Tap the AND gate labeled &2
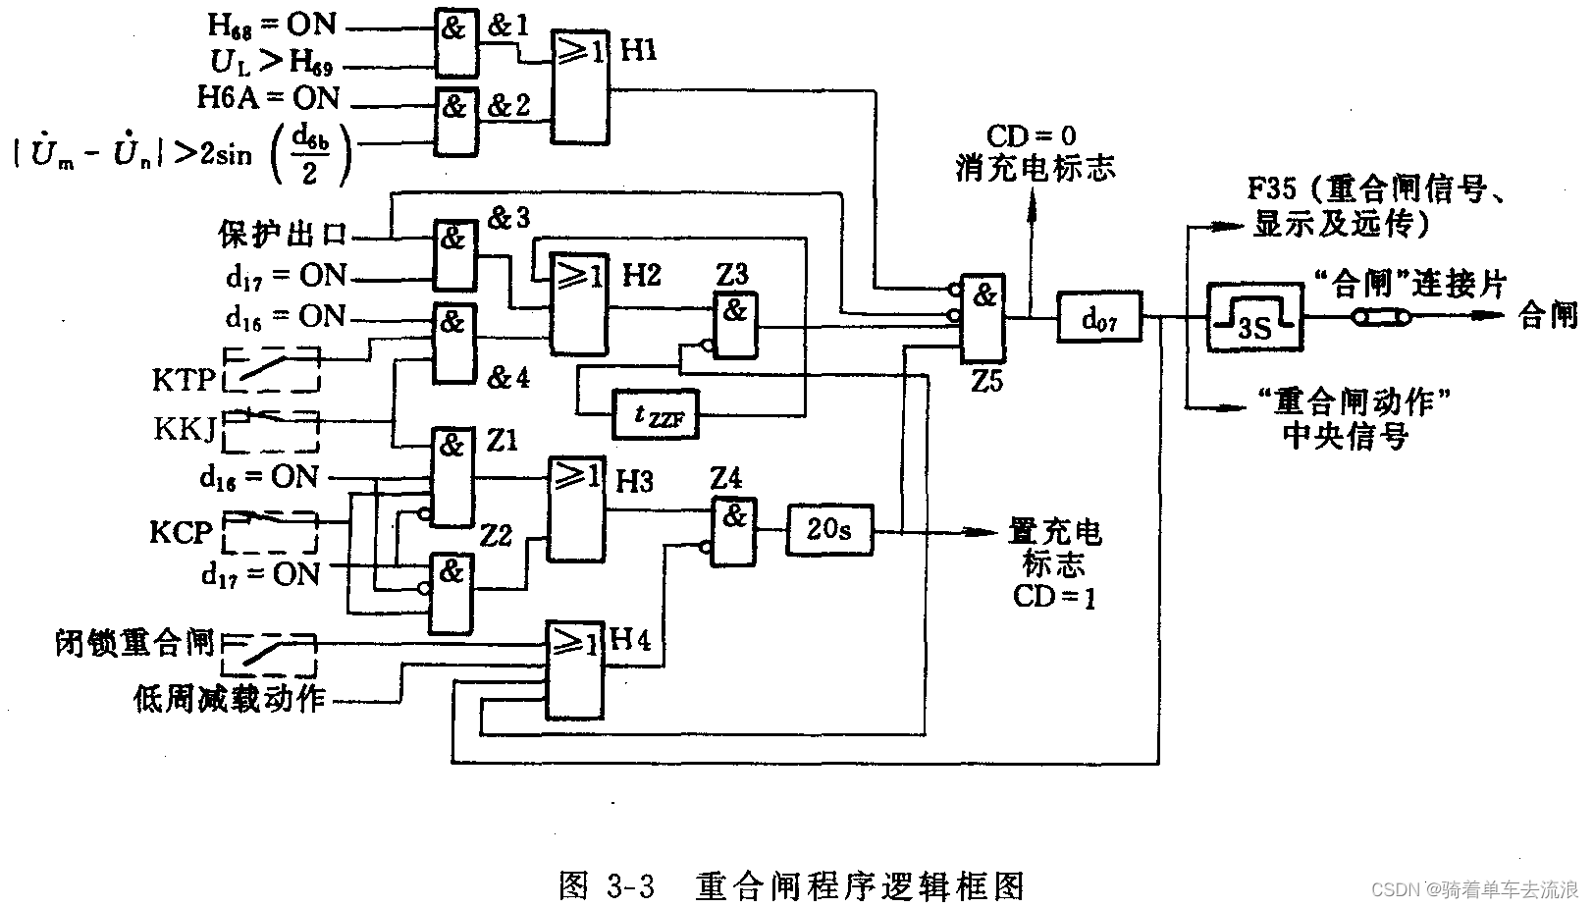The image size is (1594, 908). click(x=456, y=122)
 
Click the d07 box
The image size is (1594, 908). click(x=1099, y=316)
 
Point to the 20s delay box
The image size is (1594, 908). click(x=829, y=530)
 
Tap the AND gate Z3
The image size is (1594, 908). click(x=735, y=326)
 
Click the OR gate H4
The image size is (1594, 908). click(x=575, y=669)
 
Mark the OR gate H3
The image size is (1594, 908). click(x=576, y=508)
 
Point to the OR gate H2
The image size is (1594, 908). click(x=578, y=302)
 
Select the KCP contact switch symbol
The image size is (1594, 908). click(x=271, y=531)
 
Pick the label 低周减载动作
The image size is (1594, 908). click(x=230, y=699)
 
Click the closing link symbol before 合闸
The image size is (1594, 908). click(x=1382, y=317)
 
